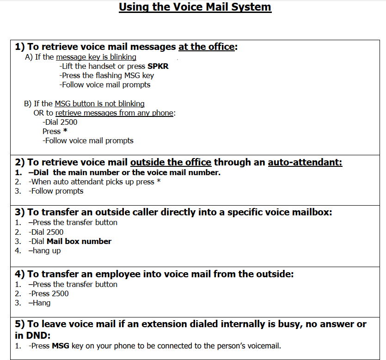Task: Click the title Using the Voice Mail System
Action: point(195,7)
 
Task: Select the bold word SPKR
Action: point(158,66)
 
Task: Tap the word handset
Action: point(102,66)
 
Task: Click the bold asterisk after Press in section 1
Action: point(65,131)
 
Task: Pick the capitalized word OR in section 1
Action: point(38,113)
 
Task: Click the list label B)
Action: point(27,104)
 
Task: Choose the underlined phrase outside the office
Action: point(171,162)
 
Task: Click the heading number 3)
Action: point(20,212)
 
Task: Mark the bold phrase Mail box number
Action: point(79,241)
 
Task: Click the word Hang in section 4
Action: point(42,303)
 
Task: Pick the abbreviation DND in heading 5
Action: point(38,335)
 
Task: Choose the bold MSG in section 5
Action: point(61,346)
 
